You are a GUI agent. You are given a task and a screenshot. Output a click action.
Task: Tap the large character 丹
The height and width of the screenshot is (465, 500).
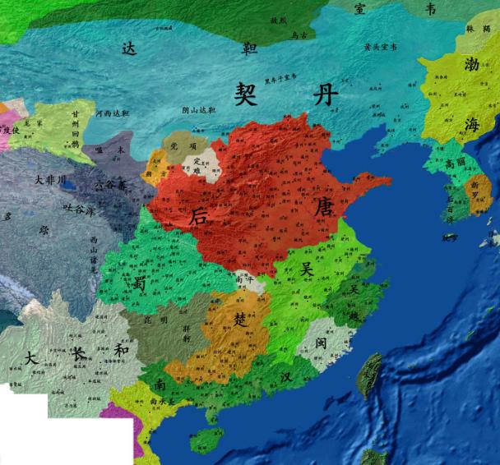tap(324, 94)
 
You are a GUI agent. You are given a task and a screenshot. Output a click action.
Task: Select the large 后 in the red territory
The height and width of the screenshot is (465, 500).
tap(198, 217)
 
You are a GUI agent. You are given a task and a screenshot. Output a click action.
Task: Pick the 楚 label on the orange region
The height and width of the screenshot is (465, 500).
tap(239, 316)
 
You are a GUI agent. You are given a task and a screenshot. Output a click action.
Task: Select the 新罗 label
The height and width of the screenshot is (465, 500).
tap(475, 188)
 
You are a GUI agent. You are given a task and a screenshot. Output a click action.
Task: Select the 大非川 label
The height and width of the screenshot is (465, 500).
tap(50, 178)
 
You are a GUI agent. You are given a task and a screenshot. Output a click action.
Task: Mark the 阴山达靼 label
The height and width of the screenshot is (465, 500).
tap(198, 109)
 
